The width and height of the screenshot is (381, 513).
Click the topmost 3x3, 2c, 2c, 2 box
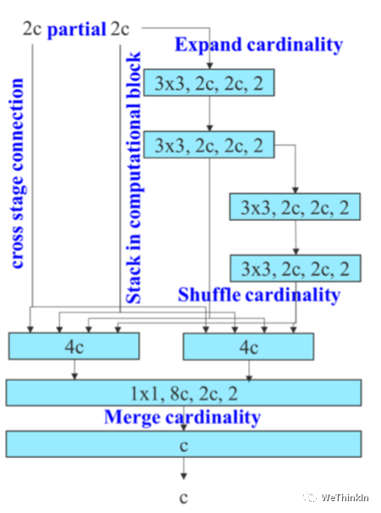click(x=209, y=82)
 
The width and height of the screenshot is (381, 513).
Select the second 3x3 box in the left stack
click(x=209, y=145)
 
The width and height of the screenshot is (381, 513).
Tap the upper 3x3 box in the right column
click(x=295, y=207)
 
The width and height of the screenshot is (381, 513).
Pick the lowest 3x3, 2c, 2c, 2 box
click(x=295, y=268)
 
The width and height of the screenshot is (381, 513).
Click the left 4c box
click(x=74, y=346)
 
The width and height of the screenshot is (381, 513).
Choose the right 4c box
click(x=248, y=347)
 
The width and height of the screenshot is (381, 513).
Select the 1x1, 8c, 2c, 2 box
click(x=184, y=393)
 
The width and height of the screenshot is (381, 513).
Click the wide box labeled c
click(x=184, y=444)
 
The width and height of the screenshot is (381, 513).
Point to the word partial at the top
click(x=76, y=30)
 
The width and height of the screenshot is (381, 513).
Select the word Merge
click(x=133, y=418)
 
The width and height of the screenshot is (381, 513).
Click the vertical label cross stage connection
click(x=17, y=174)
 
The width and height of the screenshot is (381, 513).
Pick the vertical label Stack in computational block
click(x=134, y=177)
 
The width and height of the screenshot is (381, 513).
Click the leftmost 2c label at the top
click(x=32, y=29)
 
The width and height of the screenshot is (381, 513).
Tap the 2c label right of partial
click(x=119, y=29)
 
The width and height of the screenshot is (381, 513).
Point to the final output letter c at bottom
click(x=184, y=498)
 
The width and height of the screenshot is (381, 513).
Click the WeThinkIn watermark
click(x=336, y=498)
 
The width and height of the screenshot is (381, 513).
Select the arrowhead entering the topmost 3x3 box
click(x=209, y=66)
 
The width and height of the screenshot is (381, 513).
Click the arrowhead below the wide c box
click(x=184, y=477)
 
